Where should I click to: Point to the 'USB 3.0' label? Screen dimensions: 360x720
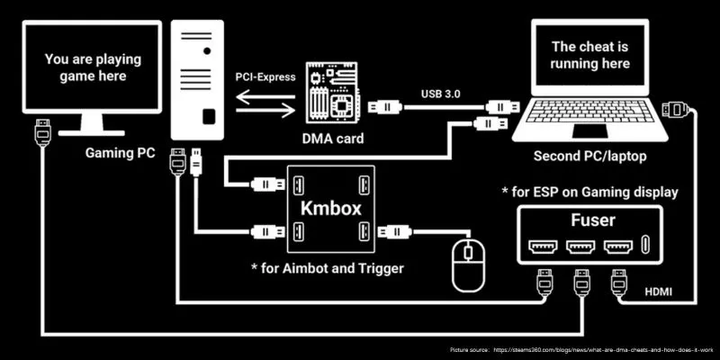coord(442,92)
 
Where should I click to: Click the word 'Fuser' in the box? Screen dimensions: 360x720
coord(591,219)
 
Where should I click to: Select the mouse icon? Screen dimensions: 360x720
coord(467,264)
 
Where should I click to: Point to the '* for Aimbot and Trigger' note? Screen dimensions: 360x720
coord(328,267)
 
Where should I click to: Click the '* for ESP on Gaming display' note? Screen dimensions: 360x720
coord(590,192)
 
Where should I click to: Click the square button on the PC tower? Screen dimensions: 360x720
coord(209,117)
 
